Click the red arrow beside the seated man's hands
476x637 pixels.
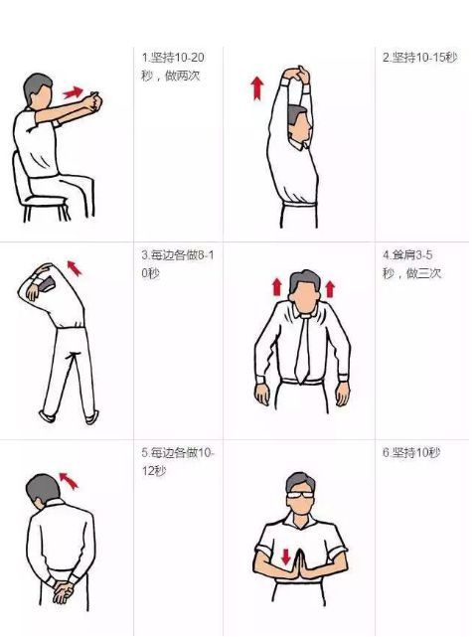pos(74,92)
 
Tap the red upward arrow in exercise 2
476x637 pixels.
pos(257,88)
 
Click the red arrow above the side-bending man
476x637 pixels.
pos(75,268)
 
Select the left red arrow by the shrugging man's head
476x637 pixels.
pos(277,287)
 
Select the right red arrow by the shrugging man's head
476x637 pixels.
pos(330,288)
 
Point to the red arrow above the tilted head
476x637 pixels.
pos(69,480)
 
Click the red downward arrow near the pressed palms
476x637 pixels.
pos(286,557)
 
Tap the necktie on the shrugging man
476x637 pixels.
pos(302,349)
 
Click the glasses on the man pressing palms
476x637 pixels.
pos(300,495)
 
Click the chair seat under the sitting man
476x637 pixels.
pos(46,200)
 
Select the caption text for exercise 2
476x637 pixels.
pos(420,58)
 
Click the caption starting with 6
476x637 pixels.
pos(411,452)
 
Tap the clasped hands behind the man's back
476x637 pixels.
pos(63,590)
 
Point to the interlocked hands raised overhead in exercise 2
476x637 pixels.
pos(297,75)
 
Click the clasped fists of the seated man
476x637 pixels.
pos(93,101)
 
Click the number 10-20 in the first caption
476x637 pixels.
pos(190,58)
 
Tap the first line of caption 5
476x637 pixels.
pos(178,453)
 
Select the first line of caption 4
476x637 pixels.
pos(407,255)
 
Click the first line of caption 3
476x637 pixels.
pos(178,255)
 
